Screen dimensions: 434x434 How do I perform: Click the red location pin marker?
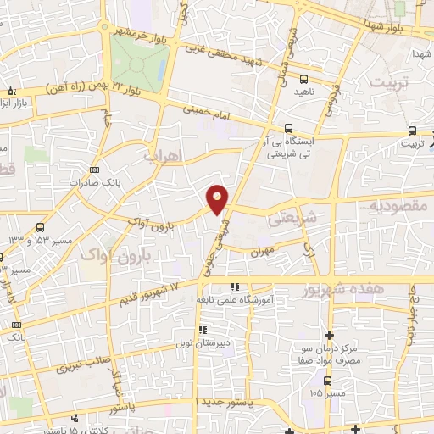pyautogui.click(x=218, y=198)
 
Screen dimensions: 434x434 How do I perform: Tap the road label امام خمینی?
pyautogui.click(x=205, y=115)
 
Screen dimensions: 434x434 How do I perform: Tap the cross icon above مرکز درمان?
pyautogui.click(x=329, y=335)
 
